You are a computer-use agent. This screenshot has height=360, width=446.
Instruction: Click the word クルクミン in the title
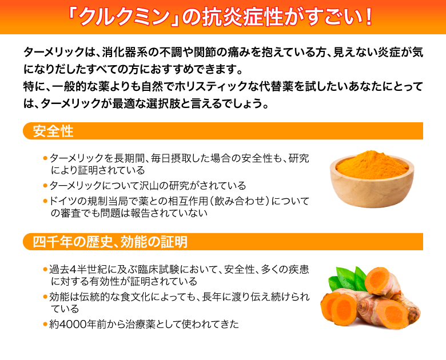pos(124,17)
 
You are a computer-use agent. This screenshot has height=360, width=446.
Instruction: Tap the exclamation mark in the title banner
pos(369,17)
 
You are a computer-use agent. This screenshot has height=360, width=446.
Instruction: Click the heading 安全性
pos(53,131)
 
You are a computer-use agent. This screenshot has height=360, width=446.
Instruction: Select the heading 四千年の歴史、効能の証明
pos(110,242)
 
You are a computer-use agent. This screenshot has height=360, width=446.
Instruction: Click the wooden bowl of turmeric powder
pos(372,179)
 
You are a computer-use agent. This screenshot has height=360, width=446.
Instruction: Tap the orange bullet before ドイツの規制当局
pos(45,201)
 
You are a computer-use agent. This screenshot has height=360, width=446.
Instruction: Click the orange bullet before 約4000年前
pos(45,324)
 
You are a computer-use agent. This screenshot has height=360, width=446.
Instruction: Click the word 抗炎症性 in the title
pos(242,17)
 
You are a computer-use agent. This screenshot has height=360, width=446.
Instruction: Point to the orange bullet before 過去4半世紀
pos(45,269)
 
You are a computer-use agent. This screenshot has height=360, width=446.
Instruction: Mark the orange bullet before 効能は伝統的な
pos(45,297)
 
